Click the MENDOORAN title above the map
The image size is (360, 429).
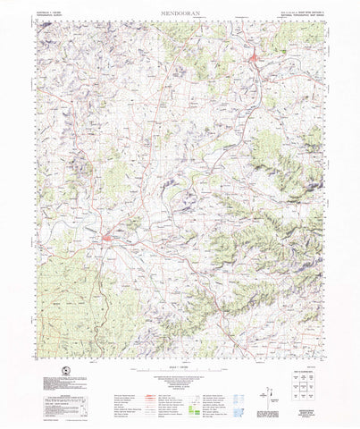click(x=180, y=13)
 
